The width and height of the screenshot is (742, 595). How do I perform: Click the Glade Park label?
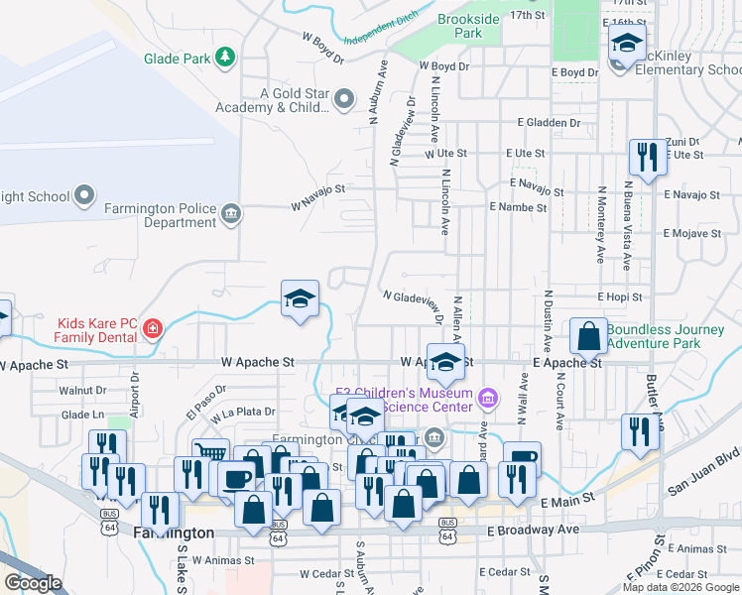pyautogui.click(x=178, y=59)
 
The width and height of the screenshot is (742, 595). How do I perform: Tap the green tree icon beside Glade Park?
pyautogui.click(x=227, y=58)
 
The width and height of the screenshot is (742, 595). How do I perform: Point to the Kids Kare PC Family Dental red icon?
pyautogui.click(x=152, y=328)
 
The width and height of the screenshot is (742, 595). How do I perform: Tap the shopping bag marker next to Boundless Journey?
pyautogui.click(x=588, y=335)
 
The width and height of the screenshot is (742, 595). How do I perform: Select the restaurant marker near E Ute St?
pyautogui.click(x=645, y=157)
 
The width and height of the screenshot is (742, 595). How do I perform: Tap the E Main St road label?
pyautogui.click(x=566, y=504)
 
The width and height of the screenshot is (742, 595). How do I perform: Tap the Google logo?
pyautogui.click(x=33, y=583)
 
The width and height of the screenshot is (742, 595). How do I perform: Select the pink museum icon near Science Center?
pyautogui.click(x=487, y=399)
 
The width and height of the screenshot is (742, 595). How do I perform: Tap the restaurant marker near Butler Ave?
pyautogui.click(x=639, y=431)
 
